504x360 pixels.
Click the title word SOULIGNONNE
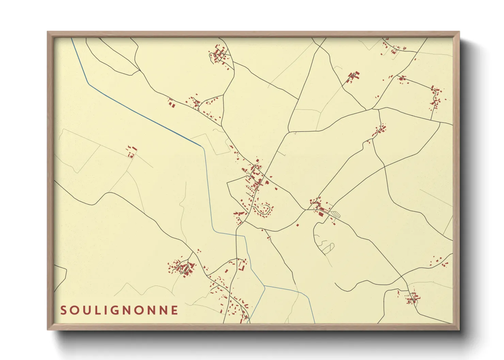[119, 310]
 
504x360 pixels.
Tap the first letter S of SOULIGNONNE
[63, 310]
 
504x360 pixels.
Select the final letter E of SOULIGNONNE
[175, 310]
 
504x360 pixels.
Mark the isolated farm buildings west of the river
[131, 152]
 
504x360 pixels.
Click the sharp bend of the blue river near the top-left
[89, 83]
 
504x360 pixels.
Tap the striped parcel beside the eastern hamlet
[335, 214]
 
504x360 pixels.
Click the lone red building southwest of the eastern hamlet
[297, 225]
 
